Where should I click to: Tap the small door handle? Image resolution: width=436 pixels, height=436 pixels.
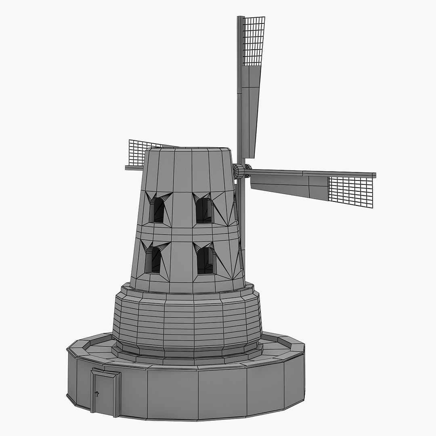(96, 393)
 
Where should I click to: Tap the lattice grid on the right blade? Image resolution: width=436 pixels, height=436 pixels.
(350, 191)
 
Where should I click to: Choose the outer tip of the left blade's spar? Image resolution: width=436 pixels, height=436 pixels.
(127, 167)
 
